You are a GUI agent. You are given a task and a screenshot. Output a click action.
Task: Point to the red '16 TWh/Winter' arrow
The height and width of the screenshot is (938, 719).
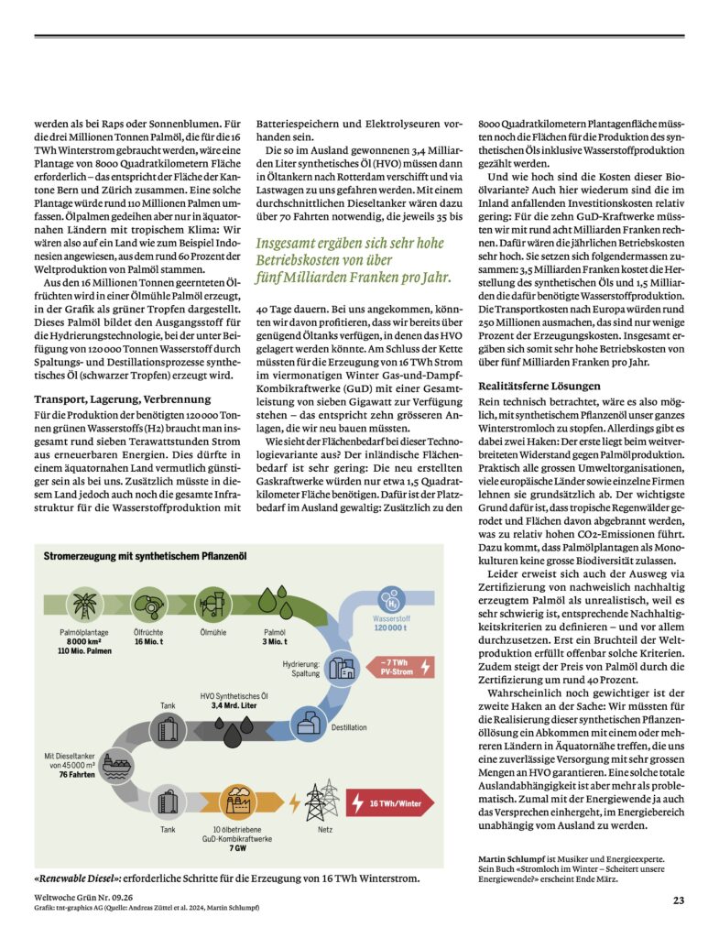coord(390,803)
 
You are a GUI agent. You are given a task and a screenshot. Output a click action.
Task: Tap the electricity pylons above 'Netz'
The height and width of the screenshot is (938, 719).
coord(322,801)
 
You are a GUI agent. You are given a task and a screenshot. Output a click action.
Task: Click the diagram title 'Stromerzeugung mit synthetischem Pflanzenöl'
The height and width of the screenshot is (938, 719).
coord(145,556)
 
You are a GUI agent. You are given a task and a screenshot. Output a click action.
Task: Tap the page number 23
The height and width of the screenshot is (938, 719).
coord(678,900)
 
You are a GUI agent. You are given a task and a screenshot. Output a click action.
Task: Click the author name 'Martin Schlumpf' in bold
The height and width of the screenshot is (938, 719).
coord(511,858)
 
